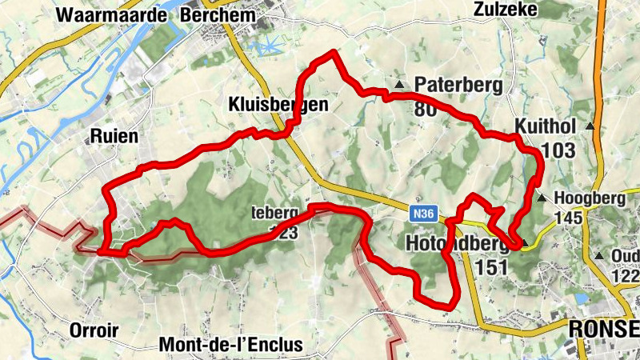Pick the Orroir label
[94, 330]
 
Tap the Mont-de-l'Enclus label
[231, 345]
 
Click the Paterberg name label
[453, 84]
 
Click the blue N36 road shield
[425, 214]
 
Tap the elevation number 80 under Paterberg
[426, 109]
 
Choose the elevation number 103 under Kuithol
[558, 150]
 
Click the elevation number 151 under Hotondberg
[491, 266]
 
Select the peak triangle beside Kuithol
[590, 126]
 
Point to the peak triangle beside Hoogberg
[542, 198]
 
